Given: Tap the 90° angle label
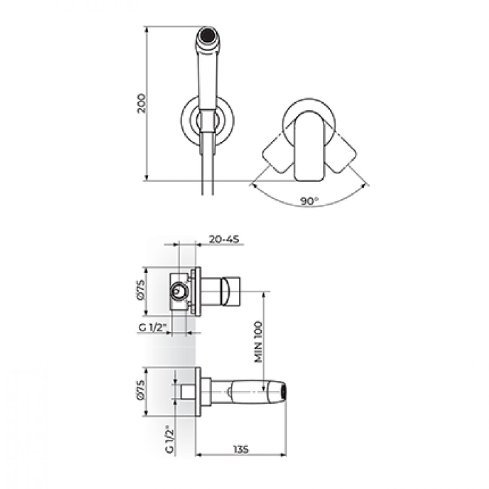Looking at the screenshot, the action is coord(309,201).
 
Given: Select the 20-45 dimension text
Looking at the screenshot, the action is coord(224,239).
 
